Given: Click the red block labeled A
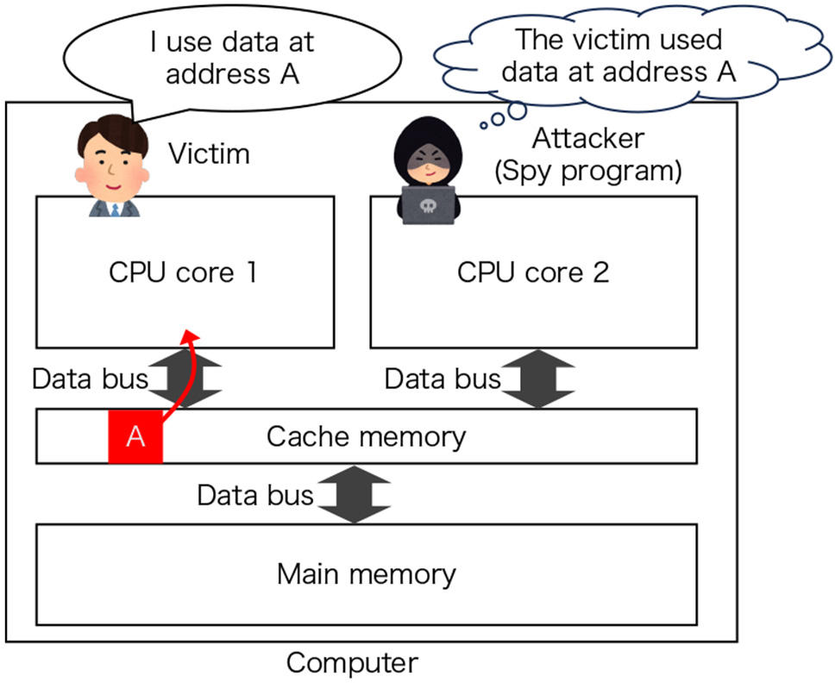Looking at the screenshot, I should (x=135, y=436).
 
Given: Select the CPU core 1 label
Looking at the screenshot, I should (x=183, y=273).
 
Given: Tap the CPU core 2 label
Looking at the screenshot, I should (x=532, y=273).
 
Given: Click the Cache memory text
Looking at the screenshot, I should (x=366, y=436).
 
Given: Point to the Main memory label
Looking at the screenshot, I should (x=366, y=573).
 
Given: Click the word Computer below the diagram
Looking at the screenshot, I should (x=352, y=663).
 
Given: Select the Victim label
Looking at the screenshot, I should (x=209, y=154).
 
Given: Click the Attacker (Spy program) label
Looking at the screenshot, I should (x=587, y=155).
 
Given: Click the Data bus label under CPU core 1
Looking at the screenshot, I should (x=90, y=379).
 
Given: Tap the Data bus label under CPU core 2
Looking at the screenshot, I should (x=442, y=379).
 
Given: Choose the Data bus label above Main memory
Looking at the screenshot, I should (x=254, y=495).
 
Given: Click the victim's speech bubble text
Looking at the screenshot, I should (x=232, y=57).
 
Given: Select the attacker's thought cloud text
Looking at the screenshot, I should (x=618, y=55).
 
